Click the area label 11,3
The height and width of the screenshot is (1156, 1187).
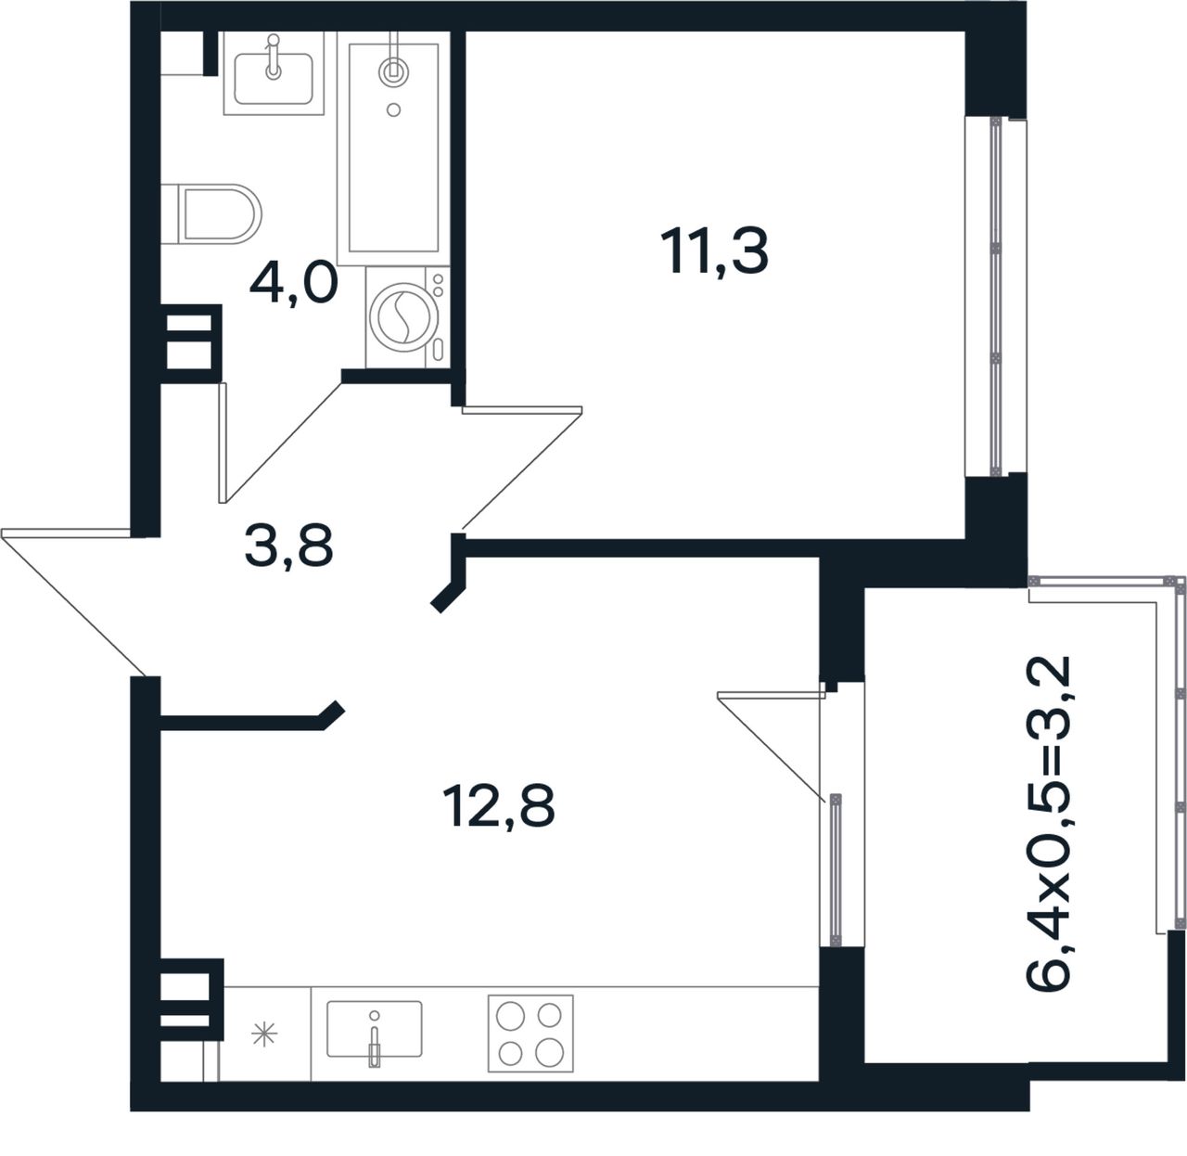714,251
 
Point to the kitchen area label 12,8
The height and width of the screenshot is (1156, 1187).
499,806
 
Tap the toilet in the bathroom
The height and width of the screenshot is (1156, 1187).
211,214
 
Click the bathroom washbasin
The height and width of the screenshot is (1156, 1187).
274,73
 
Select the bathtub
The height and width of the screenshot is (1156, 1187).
393,148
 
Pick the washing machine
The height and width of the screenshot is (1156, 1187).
407,317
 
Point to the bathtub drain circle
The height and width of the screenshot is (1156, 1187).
394,109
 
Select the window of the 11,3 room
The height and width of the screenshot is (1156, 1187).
995,297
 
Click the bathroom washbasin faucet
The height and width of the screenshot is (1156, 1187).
274,57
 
